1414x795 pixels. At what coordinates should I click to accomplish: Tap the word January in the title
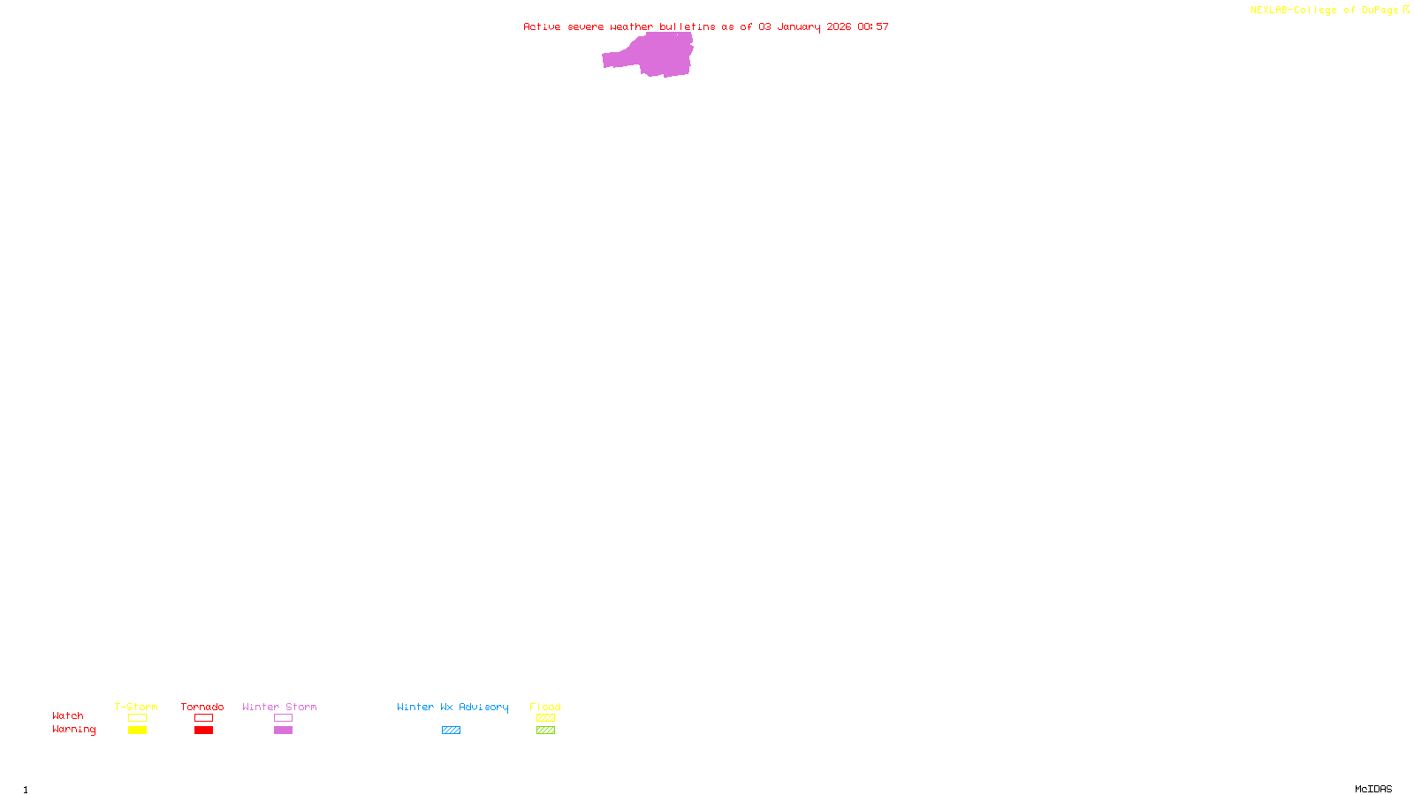[x=798, y=26]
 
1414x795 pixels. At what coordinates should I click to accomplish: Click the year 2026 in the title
[x=839, y=26]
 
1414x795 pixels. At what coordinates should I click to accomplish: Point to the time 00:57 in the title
[x=873, y=26]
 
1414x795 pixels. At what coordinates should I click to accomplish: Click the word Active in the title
[x=542, y=26]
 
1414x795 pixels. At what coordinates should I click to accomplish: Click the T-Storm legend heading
[x=136, y=707]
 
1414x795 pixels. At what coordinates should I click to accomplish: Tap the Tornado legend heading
[x=202, y=707]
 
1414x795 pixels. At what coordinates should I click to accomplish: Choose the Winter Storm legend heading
[x=279, y=707]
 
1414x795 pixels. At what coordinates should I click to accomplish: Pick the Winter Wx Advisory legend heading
[x=452, y=707]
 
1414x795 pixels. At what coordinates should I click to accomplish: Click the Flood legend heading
[x=545, y=707]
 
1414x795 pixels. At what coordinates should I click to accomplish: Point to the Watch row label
[x=68, y=715]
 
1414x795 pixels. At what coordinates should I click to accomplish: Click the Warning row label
[x=74, y=730]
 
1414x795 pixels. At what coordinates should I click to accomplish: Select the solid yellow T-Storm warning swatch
[x=137, y=731]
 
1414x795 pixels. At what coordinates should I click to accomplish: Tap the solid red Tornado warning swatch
[x=203, y=731]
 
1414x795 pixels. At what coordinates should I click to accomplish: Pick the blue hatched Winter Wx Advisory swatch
[x=451, y=731]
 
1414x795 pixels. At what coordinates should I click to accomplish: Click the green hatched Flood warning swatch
[x=545, y=731]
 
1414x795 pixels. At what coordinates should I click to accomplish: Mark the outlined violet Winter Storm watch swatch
[x=283, y=718]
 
